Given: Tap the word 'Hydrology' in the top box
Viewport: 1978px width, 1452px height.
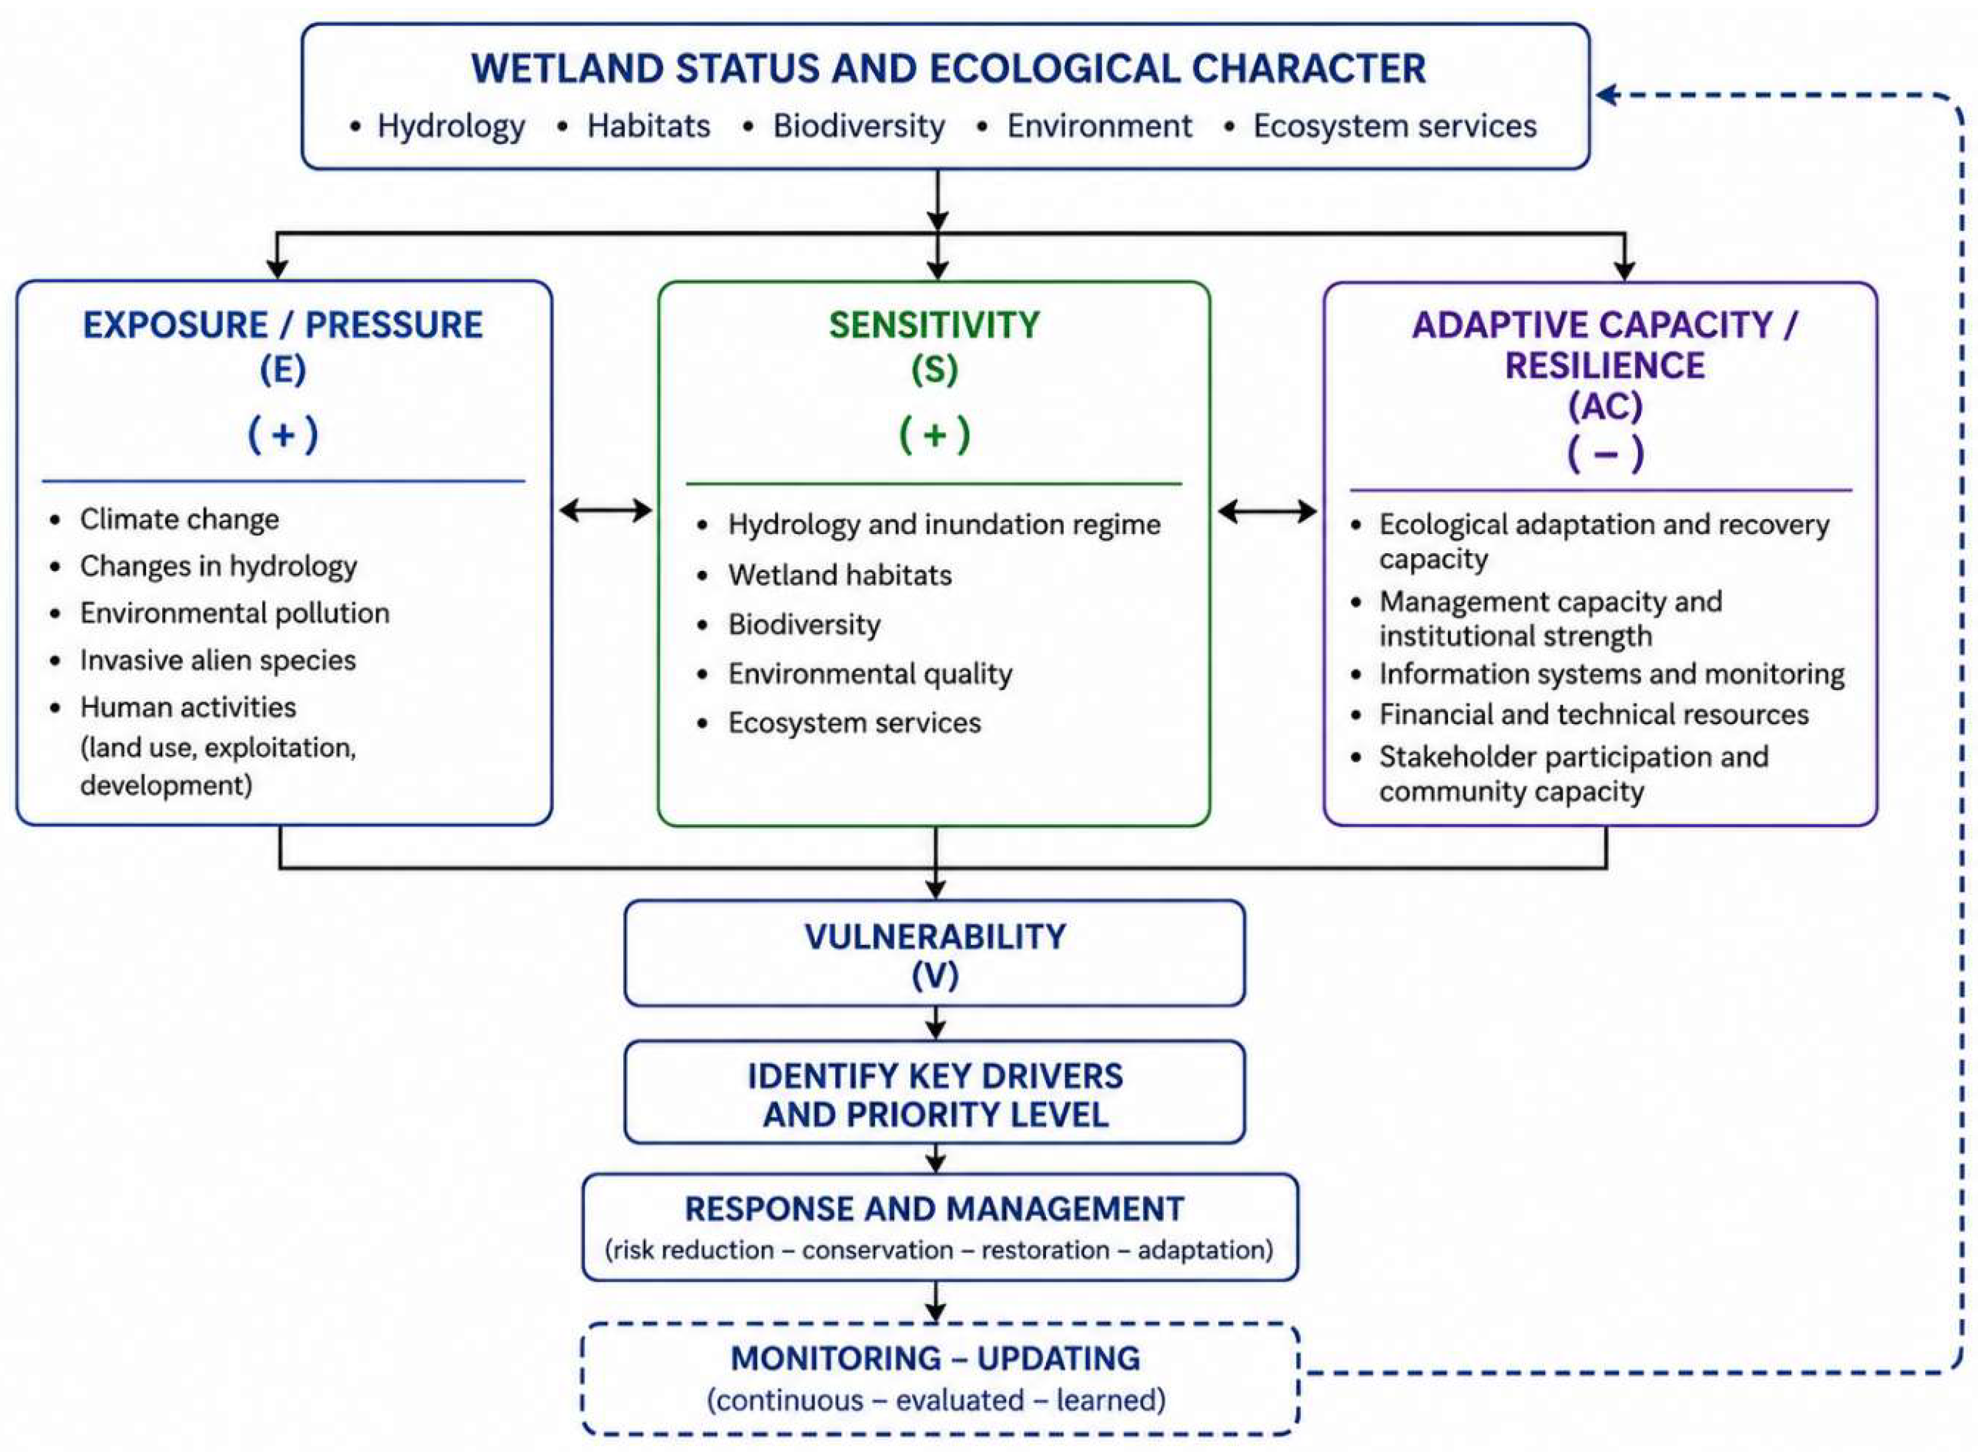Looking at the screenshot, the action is pyautogui.click(x=451, y=127).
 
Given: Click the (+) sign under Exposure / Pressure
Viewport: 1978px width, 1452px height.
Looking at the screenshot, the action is pyautogui.click(x=283, y=434).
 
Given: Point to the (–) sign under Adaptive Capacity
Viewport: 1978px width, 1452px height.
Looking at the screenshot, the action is pyautogui.click(x=1605, y=453).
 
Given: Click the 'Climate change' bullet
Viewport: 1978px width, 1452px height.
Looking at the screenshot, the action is pyautogui.click(x=180, y=520).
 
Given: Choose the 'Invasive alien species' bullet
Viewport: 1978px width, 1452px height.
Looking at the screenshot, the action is pyautogui.click(x=218, y=660).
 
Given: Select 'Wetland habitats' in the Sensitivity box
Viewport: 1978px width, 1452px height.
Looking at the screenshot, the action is pyautogui.click(x=839, y=575).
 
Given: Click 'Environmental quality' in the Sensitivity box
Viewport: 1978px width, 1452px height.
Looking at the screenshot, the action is pyautogui.click(x=870, y=674).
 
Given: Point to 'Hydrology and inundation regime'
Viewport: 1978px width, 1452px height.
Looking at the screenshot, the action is pyautogui.click(x=944, y=525).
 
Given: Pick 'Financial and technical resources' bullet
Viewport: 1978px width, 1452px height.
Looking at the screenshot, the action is pyautogui.click(x=1593, y=715).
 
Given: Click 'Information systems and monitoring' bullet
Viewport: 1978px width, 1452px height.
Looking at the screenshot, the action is pyautogui.click(x=1612, y=674).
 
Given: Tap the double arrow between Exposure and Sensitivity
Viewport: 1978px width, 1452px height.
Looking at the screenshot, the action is pyautogui.click(x=605, y=510).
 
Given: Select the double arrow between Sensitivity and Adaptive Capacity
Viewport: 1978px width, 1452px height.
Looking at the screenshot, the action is pyautogui.click(x=1267, y=510).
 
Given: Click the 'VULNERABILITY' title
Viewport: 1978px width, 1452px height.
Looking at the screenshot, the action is pyautogui.click(x=935, y=937).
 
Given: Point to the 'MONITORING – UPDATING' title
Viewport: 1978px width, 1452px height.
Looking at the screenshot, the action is pyautogui.click(x=935, y=1359).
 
